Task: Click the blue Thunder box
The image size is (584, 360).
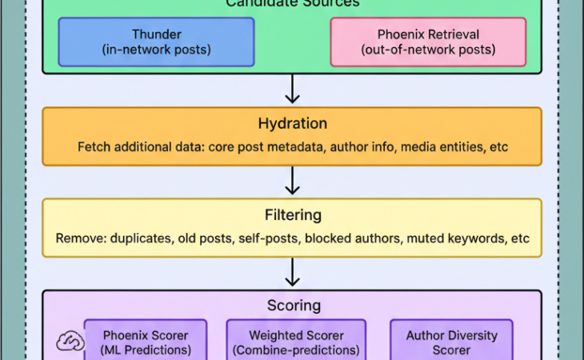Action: pyautogui.click(x=156, y=42)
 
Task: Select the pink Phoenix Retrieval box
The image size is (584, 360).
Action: pyautogui.click(x=428, y=42)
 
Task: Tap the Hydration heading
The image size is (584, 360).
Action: pyautogui.click(x=292, y=124)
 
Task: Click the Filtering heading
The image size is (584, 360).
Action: pyautogui.click(x=292, y=215)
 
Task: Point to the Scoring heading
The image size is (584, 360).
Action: pyautogui.click(x=292, y=306)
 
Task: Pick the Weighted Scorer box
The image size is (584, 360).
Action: pyautogui.click(x=296, y=342)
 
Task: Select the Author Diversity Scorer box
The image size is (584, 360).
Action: pyautogui.click(x=451, y=342)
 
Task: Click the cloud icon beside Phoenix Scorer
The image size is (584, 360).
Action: pyautogui.click(x=70, y=342)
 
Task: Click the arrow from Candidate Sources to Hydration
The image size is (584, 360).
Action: pyautogui.click(x=293, y=89)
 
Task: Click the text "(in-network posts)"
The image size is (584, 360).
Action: pyautogui.click(x=156, y=50)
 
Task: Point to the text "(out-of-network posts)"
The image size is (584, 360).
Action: pyautogui.click(x=428, y=50)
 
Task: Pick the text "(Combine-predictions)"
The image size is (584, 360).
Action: pyautogui.click(x=296, y=350)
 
